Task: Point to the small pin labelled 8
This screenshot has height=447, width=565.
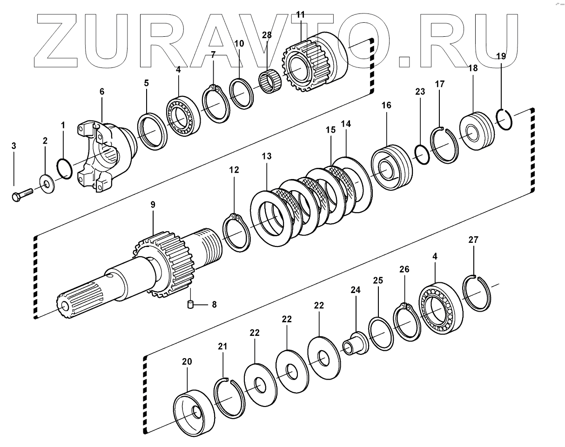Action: click(x=190, y=305)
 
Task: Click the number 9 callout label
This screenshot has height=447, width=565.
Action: click(x=153, y=204)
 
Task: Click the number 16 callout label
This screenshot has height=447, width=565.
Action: click(x=386, y=106)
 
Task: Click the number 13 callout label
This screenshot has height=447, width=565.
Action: click(x=266, y=155)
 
